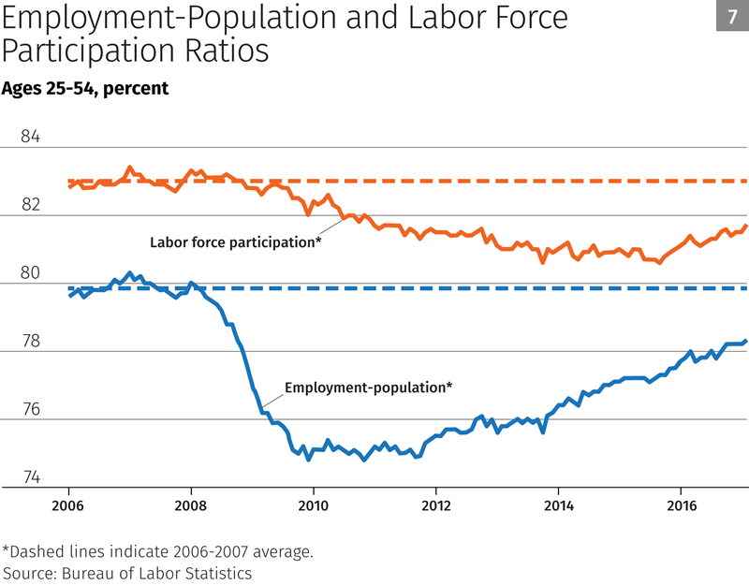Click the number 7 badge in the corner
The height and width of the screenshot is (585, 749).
tap(731, 18)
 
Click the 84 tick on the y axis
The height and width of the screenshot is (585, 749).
tap(30, 138)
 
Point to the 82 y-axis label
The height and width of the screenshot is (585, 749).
tap(30, 206)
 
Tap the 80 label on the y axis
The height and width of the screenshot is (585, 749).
tap(30, 274)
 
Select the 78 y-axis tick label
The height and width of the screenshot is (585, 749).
tap(30, 343)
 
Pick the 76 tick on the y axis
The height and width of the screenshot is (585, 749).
tap(30, 411)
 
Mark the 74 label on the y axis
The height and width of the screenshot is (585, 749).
tap(30, 478)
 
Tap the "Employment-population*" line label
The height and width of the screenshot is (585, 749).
tap(368, 387)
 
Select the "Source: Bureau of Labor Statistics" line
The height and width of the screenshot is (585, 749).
tap(128, 572)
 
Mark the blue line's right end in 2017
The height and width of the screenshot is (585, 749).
tap(745, 341)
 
